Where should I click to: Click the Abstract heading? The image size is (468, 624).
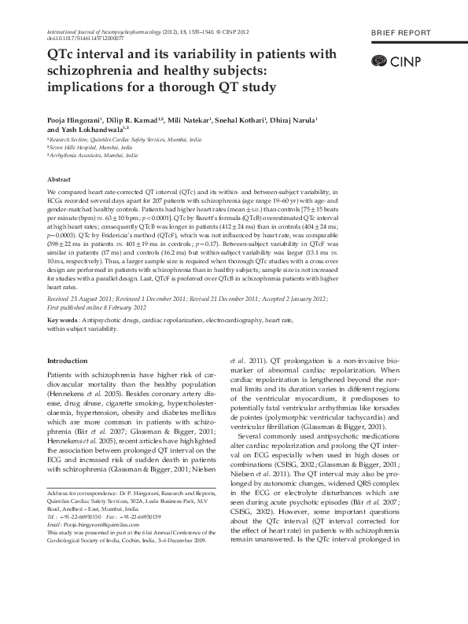pyautogui.click(x=60, y=180)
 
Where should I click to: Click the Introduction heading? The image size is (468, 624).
pyautogui.click(x=68, y=361)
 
